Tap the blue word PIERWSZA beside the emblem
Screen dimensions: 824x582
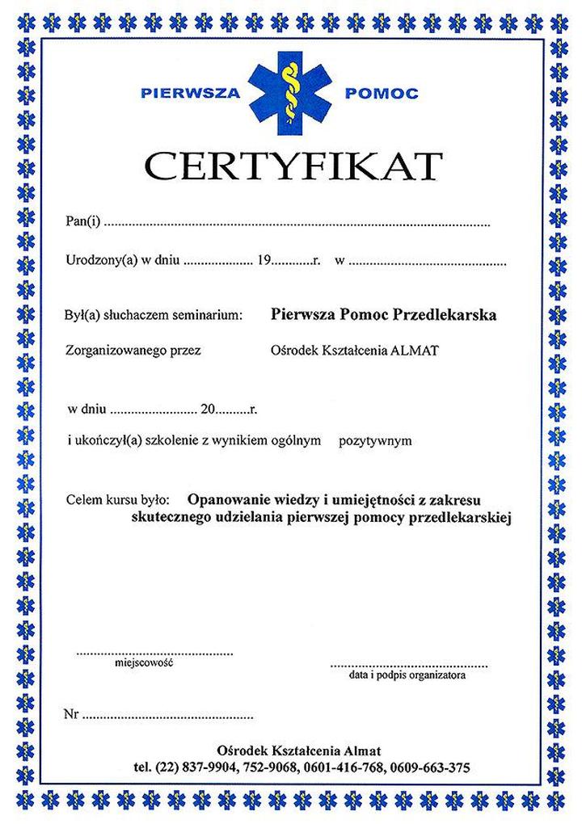coord(191,94)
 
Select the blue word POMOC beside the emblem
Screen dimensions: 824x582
coord(382,94)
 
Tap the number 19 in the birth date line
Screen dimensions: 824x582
coord(264,261)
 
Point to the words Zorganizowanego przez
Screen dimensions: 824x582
coord(133,350)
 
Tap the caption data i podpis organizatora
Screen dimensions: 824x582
coord(407,672)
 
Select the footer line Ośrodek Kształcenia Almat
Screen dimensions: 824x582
coord(293,750)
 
